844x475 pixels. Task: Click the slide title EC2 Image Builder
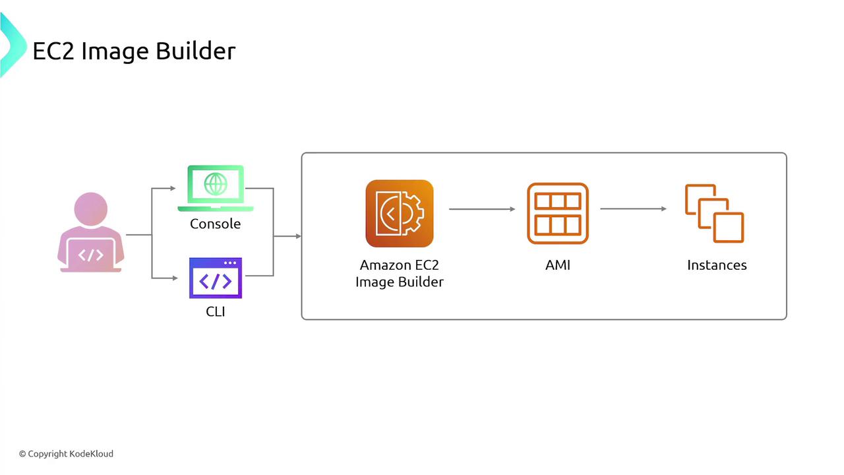click(x=134, y=51)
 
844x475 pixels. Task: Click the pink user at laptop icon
click(x=91, y=232)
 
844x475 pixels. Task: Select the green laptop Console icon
click(x=216, y=188)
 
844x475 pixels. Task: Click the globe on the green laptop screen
click(x=216, y=184)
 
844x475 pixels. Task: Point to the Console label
click(x=215, y=224)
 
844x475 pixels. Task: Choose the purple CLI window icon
click(x=216, y=278)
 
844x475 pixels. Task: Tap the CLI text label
click(x=216, y=312)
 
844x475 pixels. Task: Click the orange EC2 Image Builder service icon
click(x=400, y=213)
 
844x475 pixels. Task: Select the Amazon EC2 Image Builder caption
click(x=400, y=274)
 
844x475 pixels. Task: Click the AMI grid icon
click(x=558, y=213)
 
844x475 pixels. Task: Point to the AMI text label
click(x=558, y=265)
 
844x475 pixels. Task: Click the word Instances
click(x=717, y=265)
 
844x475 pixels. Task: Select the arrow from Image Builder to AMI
click(x=482, y=209)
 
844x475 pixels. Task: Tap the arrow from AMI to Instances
click(x=634, y=208)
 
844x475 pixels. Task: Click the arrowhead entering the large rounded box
click(x=299, y=236)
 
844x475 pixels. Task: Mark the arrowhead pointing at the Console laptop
click(x=173, y=188)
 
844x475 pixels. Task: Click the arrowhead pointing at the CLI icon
click(x=175, y=278)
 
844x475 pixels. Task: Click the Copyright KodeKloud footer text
click(x=67, y=454)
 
